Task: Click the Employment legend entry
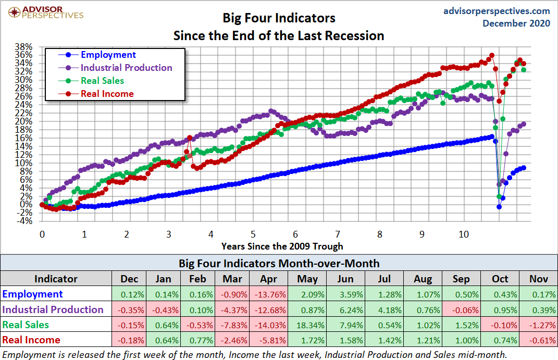coord(108,55)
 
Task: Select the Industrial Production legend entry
coord(126,68)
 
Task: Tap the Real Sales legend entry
coord(102,81)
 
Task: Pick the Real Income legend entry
coord(107,94)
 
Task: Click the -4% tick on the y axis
coord(26,221)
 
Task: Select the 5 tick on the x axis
coord(253,234)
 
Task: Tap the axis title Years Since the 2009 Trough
coord(282,245)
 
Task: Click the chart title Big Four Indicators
coord(279,18)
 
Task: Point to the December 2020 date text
coord(516,23)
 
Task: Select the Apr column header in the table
coord(269,279)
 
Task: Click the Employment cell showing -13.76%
coord(269,294)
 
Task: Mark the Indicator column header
coord(56,279)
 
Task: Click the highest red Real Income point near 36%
coord(491,55)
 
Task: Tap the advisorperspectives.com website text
coord(496,10)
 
